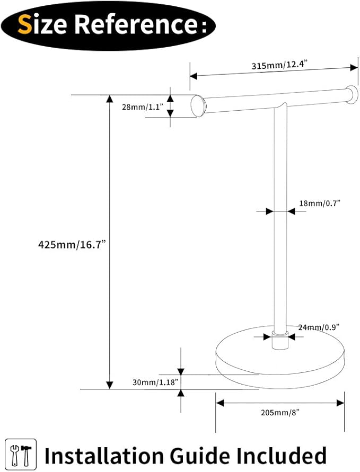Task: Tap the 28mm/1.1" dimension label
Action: tap(142, 106)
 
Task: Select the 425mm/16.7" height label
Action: tap(72, 244)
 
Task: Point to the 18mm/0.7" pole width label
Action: tap(319, 203)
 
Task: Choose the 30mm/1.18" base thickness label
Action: tap(155, 382)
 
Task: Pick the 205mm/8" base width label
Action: tap(280, 412)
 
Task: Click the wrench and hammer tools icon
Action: tap(21, 454)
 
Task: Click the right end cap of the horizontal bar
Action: tap(352, 95)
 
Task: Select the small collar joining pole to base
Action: tap(280, 340)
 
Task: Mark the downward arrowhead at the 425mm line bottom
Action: tap(110, 385)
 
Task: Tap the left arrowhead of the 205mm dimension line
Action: tap(220, 403)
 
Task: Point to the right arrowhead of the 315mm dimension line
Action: tap(354, 68)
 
